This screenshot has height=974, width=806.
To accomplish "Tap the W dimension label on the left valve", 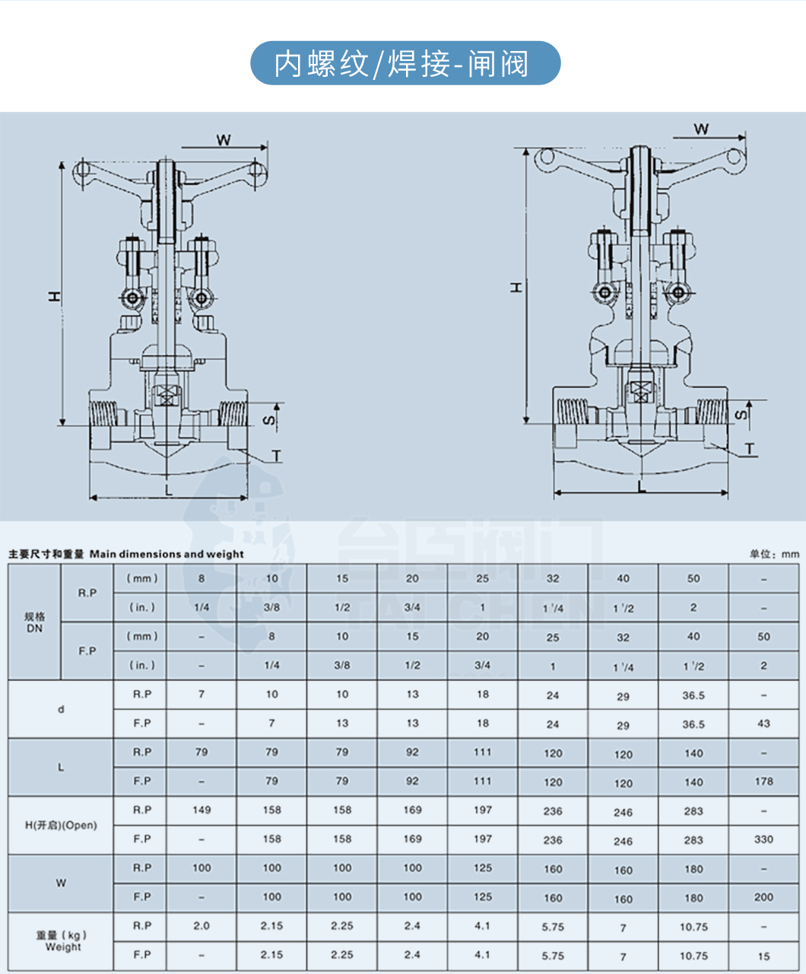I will click(x=224, y=139).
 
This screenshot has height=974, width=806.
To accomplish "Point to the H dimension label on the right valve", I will click(x=516, y=287).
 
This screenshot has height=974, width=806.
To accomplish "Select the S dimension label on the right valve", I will click(x=741, y=415).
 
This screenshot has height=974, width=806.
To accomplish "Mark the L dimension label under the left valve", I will click(x=168, y=490).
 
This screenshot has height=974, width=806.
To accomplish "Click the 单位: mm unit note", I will click(x=774, y=554).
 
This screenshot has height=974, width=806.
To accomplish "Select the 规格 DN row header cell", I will click(x=34, y=622).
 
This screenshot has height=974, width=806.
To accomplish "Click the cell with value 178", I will click(x=763, y=781).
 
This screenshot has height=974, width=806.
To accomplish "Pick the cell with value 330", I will click(x=763, y=839).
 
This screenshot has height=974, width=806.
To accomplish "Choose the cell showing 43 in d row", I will click(x=763, y=724).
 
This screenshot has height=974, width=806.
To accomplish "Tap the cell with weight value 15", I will click(x=763, y=956).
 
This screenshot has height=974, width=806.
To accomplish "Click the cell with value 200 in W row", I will click(x=763, y=897).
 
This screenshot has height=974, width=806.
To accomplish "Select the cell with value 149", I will click(x=201, y=810).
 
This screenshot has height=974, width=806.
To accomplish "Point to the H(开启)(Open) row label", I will click(x=61, y=825).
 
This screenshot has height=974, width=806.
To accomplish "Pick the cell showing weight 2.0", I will click(x=201, y=926).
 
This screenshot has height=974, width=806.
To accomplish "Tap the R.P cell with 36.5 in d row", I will click(x=693, y=695).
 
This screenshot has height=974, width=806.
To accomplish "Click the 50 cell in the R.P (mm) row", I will click(x=693, y=578).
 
